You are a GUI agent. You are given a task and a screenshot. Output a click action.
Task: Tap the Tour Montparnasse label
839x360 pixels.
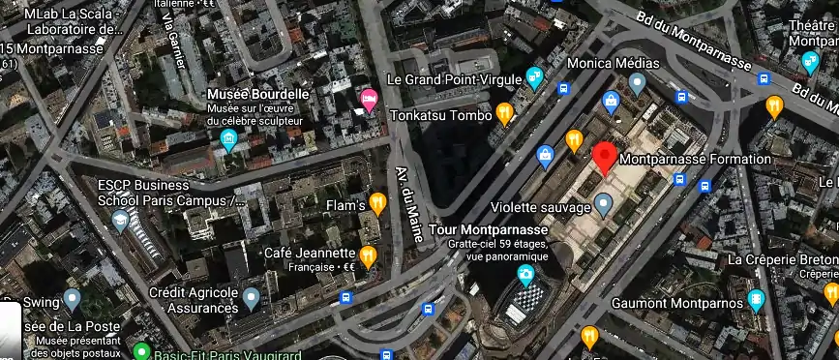point(494,229)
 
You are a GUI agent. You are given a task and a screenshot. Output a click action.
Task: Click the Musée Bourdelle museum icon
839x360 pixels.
point(228,141)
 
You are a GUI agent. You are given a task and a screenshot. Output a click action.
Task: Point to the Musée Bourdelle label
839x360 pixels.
point(258,94)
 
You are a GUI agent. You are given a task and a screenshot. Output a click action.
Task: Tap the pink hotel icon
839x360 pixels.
point(369,100)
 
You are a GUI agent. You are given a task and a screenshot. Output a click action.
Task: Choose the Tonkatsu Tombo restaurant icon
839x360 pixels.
point(504,114)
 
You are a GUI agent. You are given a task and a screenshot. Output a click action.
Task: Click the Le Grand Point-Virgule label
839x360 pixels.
point(454,78)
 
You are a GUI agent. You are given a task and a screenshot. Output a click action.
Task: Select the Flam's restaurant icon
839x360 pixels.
point(377,203)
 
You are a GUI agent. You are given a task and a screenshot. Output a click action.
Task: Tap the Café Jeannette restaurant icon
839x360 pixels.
point(368,255)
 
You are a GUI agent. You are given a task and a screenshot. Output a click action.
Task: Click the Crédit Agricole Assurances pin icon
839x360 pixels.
point(251,298)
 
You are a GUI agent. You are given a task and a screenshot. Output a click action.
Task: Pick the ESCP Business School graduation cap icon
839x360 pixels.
point(119,221)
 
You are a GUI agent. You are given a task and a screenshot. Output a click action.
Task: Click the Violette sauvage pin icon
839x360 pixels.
point(603,204)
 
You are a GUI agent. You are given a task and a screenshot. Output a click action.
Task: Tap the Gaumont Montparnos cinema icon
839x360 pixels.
point(756,299)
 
